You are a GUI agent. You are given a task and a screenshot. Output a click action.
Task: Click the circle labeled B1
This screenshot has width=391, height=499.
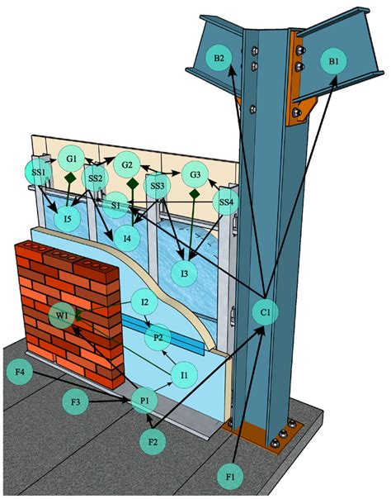click(333, 61)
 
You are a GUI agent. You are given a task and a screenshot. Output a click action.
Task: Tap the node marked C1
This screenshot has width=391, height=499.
click(264, 312)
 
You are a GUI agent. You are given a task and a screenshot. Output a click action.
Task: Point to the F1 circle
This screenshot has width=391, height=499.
click(231, 477)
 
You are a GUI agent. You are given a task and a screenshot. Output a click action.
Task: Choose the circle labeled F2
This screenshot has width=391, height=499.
click(153, 442)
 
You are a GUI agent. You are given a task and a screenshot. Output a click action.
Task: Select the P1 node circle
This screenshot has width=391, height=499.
click(144, 402)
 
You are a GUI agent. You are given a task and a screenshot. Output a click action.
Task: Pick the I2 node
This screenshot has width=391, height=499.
click(144, 302)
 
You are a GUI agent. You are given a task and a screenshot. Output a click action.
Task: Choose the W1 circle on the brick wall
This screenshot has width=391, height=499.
click(62, 316)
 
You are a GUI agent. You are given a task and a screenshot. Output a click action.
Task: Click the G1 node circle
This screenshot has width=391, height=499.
click(72, 158)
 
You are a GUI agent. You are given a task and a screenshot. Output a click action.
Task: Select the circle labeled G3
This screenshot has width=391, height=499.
click(195, 175)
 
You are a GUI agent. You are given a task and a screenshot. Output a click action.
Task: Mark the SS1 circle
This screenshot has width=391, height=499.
click(37, 173)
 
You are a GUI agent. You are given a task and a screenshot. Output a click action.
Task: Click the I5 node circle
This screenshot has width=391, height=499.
click(73, 218)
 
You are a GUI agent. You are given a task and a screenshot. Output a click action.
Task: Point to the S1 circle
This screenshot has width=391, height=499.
click(116, 204)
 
